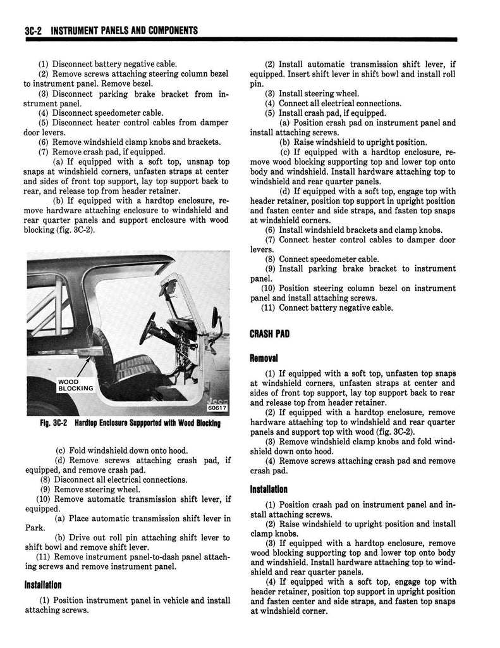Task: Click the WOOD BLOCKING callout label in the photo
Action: tap(75, 385)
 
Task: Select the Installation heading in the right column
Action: tap(269, 489)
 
